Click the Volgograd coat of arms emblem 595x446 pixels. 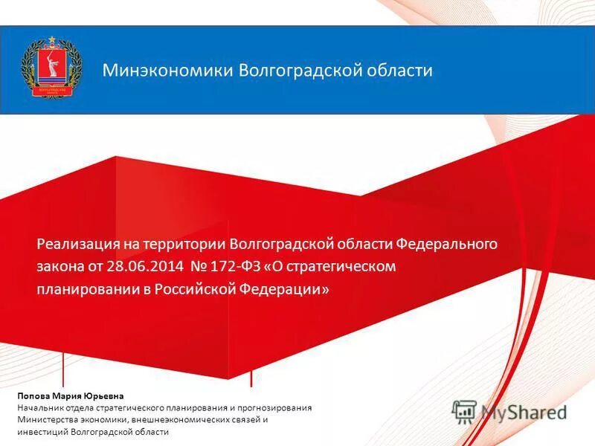point(50,68)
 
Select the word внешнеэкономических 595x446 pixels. point(180,420)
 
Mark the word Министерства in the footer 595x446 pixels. point(49,420)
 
